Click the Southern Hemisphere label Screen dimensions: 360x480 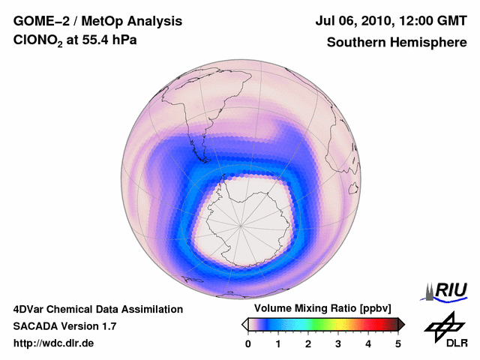(x=397, y=43)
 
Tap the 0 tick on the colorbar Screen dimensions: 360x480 (x=248, y=343)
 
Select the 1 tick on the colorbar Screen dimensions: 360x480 (x=278, y=343)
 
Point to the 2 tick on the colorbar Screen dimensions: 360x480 (x=308, y=343)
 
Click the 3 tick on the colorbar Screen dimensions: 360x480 (x=338, y=343)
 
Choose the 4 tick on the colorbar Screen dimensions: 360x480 (x=368, y=343)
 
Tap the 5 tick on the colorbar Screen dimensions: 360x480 (x=398, y=343)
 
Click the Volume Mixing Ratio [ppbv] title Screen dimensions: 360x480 (x=322, y=308)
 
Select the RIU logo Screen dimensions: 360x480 (x=447, y=290)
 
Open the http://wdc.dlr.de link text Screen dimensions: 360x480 (x=54, y=343)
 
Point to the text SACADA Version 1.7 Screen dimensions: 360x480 (x=64, y=326)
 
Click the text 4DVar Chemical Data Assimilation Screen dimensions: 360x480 (x=97, y=309)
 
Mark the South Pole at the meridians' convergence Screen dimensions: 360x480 (x=241, y=223)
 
